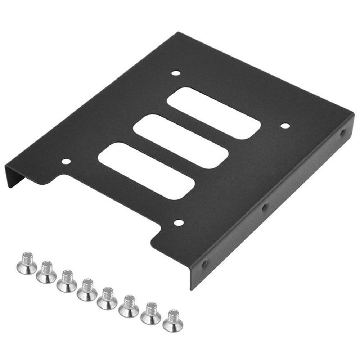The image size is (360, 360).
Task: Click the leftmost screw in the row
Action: coord(27,263)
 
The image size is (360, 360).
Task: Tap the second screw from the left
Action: coord(46,273)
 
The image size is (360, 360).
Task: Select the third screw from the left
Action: coord(67,281)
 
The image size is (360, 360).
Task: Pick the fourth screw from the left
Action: coord(87,290)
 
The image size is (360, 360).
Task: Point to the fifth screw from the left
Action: coord(107,299)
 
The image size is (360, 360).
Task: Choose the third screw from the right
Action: coord(129,307)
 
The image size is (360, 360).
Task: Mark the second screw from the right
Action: coord(151,313)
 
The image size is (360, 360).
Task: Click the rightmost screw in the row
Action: coord(173,321)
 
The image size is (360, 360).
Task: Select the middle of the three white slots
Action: coord(181,141)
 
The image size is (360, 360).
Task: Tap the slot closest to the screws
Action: coord(146,170)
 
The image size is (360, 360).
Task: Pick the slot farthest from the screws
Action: coord(214,113)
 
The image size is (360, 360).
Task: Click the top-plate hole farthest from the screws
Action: coord(175,73)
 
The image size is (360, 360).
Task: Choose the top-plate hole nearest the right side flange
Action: coord(285,126)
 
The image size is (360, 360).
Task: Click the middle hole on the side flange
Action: coord(265,207)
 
